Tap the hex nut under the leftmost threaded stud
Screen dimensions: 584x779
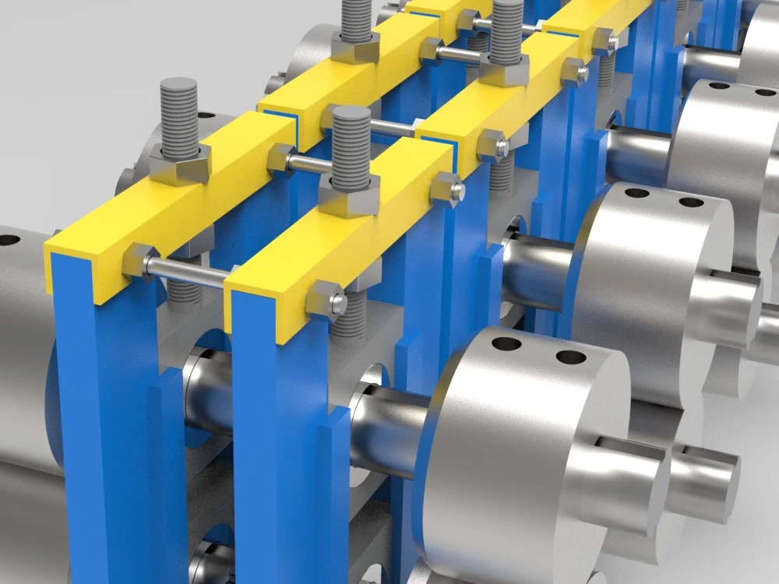(180, 164)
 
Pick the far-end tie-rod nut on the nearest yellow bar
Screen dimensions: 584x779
(447, 188)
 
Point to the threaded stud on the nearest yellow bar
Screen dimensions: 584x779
(351, 148)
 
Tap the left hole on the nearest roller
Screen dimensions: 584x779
(507, 343)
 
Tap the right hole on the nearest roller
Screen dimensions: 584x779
(571, 357)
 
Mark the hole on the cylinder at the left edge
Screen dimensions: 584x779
(9, 239)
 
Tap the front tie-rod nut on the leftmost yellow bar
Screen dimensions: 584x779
(140, 259)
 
